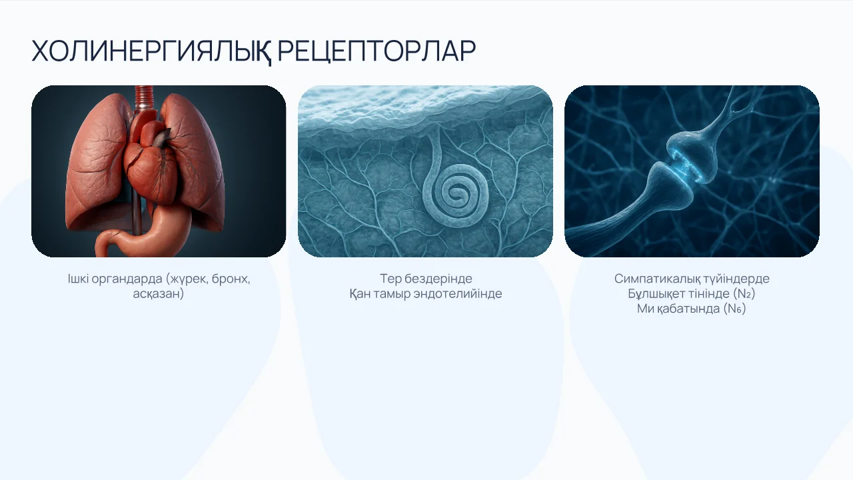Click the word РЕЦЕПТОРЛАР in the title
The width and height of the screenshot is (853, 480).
coord(377,51)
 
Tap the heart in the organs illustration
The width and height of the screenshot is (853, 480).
coord(151,167)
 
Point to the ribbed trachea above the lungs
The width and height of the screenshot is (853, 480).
coord(145,98)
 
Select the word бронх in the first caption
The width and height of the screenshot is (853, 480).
coord(231,279)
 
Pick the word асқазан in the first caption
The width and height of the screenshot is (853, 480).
coord(159,294)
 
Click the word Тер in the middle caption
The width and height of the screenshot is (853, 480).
coord(391,279)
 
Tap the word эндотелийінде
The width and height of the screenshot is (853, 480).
coord(458,294)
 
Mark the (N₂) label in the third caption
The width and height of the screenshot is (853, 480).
coord(744,294)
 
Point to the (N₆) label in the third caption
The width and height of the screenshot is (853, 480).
coord(734,309)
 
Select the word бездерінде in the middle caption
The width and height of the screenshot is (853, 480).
coord(438,279)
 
